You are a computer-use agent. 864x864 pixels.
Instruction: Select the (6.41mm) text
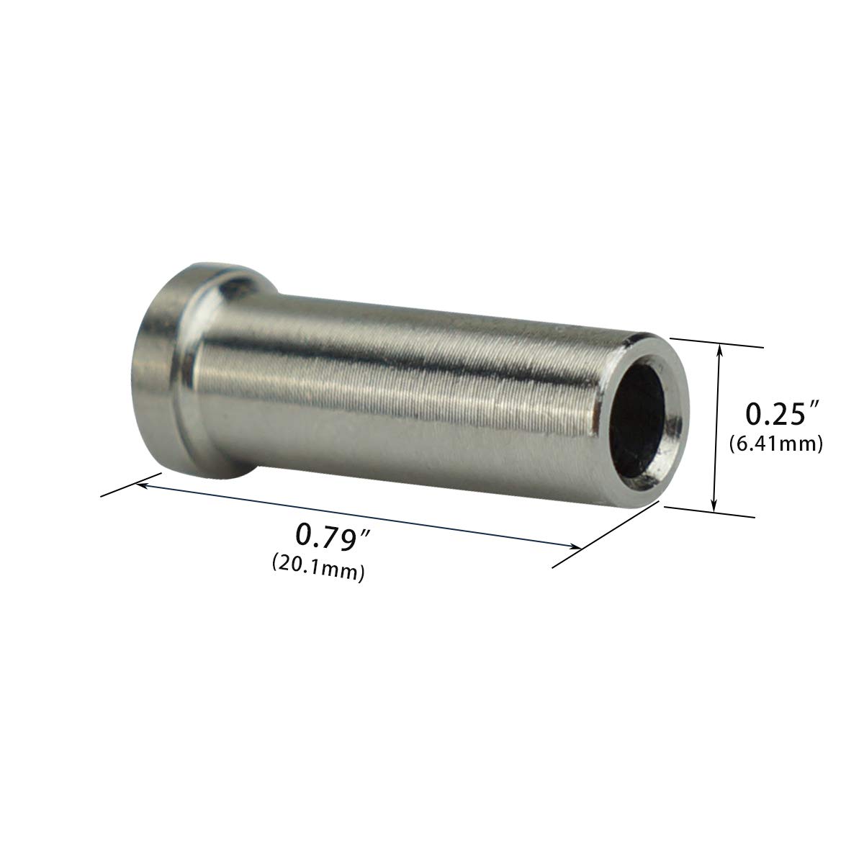775,444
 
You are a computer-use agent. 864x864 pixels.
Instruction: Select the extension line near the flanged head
130,484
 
